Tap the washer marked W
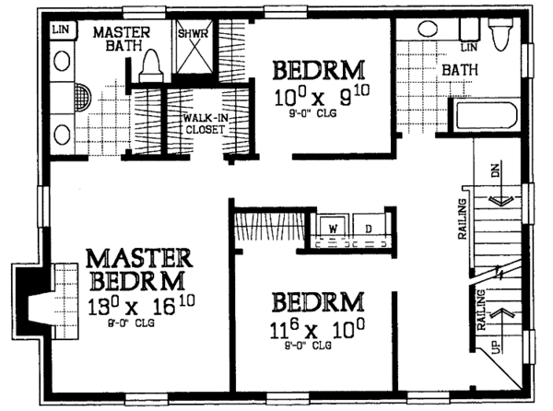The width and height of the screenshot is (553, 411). click(x=331, y=227)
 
